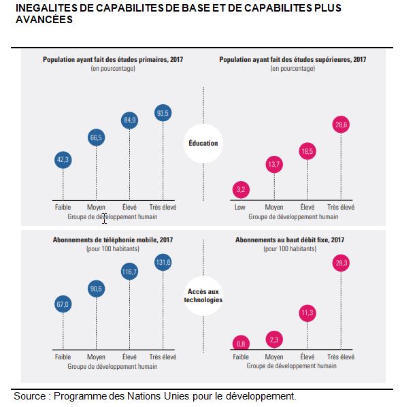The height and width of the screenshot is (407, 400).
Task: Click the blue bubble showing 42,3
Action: pos(63,160)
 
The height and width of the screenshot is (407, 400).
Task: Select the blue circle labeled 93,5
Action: pos(163,113)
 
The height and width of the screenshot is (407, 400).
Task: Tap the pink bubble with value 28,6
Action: pos(341,125)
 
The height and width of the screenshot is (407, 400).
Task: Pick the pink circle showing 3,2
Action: pos(241,190)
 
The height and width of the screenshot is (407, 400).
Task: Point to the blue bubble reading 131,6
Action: pos(163,263)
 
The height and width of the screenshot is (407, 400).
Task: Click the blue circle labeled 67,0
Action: pos(63,304)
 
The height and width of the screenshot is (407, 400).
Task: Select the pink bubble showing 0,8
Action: pos(241,343)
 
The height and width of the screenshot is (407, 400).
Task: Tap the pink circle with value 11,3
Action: pos(307,313)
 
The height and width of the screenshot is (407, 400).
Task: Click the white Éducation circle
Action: pos(203,144)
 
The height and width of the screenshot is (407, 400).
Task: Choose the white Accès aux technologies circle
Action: pos(203,296)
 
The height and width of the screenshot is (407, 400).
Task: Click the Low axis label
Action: pos(239,207)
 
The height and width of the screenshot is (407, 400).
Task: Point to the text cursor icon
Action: pos(104,218)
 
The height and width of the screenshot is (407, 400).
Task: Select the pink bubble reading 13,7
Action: pos(274,165)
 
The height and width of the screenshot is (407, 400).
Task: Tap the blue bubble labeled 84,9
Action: pos(129,120)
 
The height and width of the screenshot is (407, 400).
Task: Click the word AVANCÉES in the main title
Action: pos(44,20)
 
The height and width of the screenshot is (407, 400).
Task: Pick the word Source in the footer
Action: pos(29,396)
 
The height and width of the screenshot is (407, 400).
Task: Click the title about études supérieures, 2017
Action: pos(293,59)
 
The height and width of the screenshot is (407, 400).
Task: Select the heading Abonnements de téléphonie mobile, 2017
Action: pos(113,240)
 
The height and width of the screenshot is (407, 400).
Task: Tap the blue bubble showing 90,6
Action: pos(96,289)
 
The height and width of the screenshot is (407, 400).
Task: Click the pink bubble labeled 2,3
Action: pos(274,340)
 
